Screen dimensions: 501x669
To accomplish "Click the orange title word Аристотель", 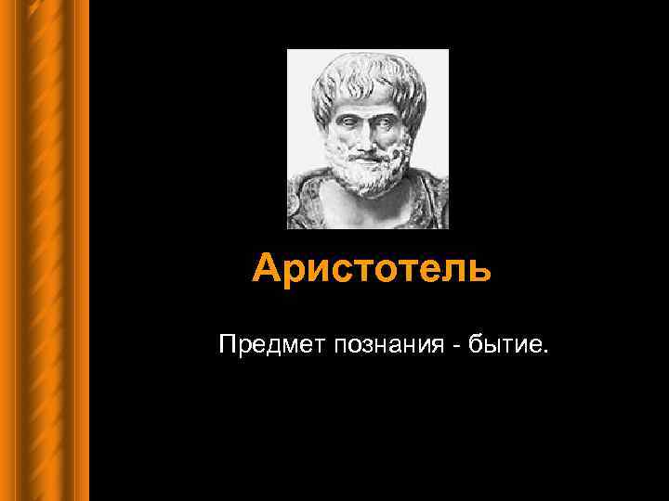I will coord(370,269).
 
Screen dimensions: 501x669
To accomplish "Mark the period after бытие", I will coord(546,353).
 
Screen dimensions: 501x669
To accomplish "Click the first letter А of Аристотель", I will coord(266,269).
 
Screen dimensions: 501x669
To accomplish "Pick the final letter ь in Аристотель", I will coord(477,270).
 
